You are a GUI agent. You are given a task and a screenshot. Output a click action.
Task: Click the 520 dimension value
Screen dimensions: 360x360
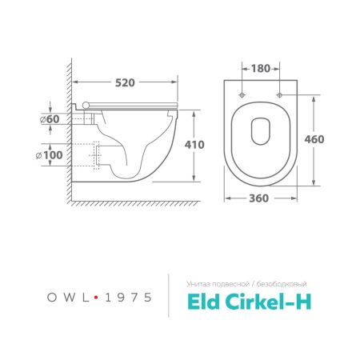(x=123, y=82)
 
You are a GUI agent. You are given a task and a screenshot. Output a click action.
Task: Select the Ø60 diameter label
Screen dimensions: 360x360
(x=52, y=119)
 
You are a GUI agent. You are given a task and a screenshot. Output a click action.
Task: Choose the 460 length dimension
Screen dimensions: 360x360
(x=314, y=139)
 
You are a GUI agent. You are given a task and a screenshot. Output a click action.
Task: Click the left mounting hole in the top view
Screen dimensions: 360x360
(x=243, y=95)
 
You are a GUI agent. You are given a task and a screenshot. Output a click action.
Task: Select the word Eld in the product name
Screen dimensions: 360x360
(x=206, y=301)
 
